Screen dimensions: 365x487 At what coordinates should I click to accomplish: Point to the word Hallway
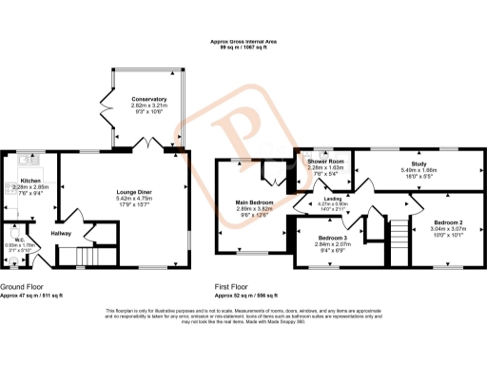[61, 233]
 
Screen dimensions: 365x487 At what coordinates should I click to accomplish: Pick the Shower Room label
[323, 162]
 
